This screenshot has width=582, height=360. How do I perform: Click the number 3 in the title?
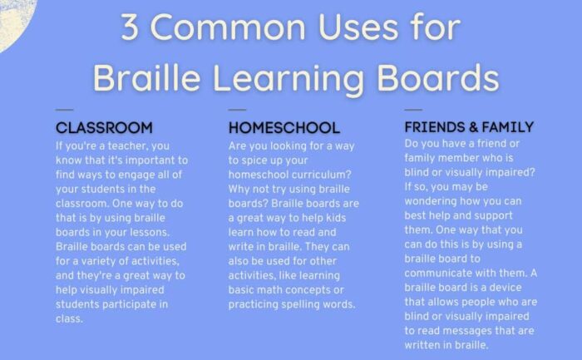[130, 27]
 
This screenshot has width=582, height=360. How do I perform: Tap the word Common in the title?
[228, 27]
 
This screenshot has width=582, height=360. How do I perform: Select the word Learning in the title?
[288, 79]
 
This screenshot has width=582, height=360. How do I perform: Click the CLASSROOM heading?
[104, 128]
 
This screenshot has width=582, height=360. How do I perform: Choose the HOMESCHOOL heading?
[284, 128]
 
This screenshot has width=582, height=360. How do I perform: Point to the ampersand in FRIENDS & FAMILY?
[473, 127]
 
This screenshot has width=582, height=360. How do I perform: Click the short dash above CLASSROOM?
[64, 110]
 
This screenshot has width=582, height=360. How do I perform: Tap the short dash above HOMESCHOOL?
[237, 110]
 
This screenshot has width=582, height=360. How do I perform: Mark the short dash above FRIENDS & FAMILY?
[413, 110]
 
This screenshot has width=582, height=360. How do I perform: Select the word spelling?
[300, 304]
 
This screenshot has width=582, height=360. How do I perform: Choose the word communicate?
[437, 274]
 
